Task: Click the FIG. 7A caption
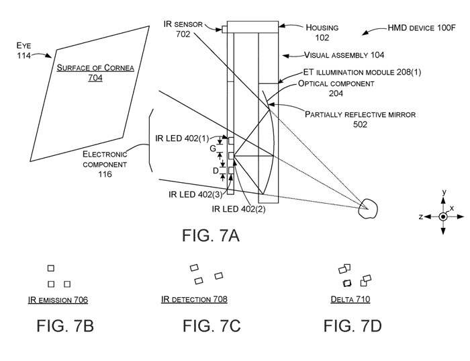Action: [210, 235]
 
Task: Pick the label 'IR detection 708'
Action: [195, 300]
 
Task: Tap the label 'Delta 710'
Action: [350, 300]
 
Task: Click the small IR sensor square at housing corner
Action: [224, 29]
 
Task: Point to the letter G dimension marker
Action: [213, 148]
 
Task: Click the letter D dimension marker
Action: [215, 171]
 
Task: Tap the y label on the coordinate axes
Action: [444, 192]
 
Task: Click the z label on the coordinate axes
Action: [420, 217]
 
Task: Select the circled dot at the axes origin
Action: [443, 216]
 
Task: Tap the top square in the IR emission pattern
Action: [50, 268]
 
